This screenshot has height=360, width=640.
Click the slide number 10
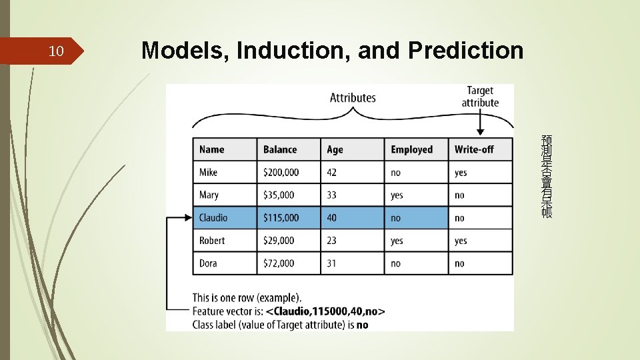57,51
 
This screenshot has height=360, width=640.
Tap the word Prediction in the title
466,50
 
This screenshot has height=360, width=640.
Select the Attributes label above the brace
353,98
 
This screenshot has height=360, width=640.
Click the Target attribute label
480,97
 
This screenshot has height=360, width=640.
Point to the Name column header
211,149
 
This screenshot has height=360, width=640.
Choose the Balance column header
280,149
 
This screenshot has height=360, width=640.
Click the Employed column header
411,149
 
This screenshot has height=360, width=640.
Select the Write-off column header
474,149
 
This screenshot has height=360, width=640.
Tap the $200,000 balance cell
281,172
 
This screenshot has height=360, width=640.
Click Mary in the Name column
209,195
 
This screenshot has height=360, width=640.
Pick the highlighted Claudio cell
213,217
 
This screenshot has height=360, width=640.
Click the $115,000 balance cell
281,217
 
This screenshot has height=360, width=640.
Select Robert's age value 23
331,240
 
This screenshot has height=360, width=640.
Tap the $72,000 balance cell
279,263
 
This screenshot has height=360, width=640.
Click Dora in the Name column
208,263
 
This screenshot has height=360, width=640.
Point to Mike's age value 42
331,172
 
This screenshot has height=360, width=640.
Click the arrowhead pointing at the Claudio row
188,217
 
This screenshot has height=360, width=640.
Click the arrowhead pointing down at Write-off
480,133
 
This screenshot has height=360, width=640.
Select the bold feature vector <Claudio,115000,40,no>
325,311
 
